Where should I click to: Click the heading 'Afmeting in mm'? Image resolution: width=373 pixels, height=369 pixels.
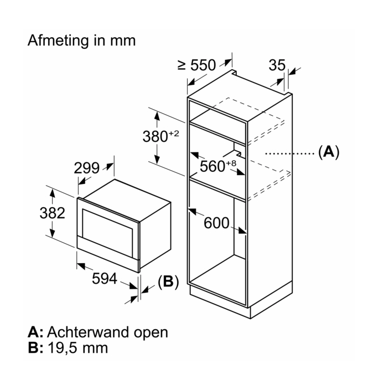coord(81,41)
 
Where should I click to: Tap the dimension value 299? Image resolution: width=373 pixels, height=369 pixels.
coord(87,168)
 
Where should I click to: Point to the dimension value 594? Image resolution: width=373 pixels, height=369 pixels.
coord(105,279)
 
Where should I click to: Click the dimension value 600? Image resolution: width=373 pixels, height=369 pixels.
coord(216,223)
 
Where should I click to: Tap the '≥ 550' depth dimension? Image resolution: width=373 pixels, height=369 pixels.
coord(196,65)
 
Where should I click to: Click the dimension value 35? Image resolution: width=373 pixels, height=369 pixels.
coord(277,65)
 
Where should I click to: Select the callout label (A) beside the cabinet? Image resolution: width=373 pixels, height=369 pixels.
coord(328,152)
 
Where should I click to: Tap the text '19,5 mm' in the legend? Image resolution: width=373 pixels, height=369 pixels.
coord(77,348)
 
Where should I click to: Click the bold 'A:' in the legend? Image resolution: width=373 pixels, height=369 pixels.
coord(35,332)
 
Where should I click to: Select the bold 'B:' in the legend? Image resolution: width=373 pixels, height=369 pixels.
coord(35,348)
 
